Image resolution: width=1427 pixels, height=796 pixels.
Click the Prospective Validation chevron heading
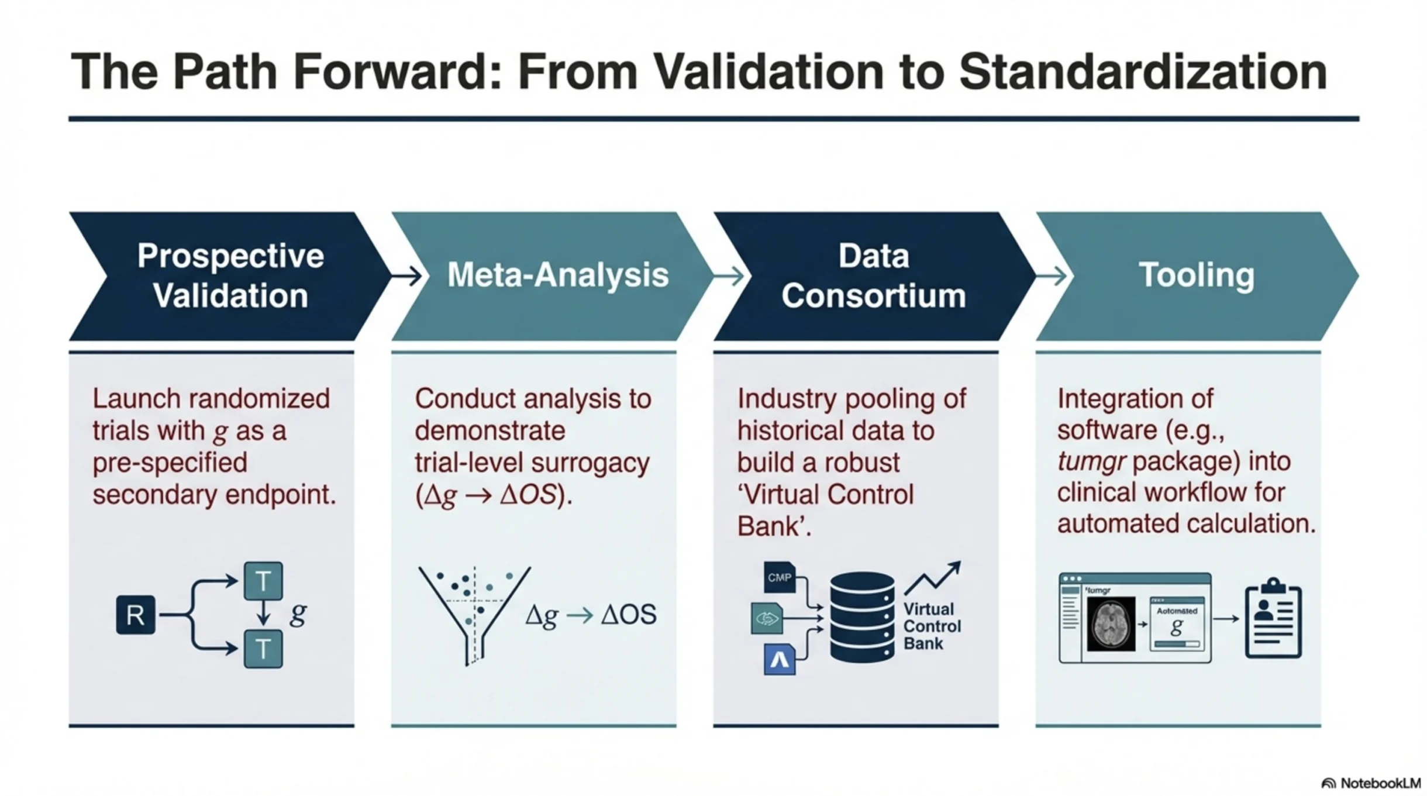(230, 275)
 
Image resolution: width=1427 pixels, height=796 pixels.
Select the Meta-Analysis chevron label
(557, 275)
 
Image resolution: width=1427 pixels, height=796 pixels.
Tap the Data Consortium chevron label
(874, 275)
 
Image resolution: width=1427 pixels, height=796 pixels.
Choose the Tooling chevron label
(1196, 275)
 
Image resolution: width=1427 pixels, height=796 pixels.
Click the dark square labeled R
(136, 615)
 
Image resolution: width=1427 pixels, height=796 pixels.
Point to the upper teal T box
(263, 581)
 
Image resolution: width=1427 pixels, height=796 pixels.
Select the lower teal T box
(263, 649)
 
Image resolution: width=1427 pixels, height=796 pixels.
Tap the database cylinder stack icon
(862, 618)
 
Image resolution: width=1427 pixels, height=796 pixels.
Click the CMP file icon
(780, 577)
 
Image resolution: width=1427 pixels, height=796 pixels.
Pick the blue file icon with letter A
(780, 659)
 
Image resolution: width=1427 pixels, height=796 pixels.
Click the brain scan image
(1111, 623)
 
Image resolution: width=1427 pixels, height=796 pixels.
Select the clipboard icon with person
(1273, 618)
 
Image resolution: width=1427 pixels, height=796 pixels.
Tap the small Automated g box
(1177, 623)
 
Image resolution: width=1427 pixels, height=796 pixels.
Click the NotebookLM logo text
(1371, 783)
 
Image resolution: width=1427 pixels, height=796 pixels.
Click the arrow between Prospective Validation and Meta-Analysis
(406, 275)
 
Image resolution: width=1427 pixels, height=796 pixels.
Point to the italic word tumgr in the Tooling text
(1091, 461)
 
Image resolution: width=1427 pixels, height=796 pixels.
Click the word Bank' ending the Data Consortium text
(774, 526)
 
